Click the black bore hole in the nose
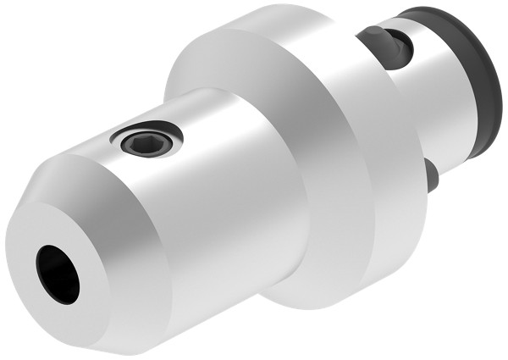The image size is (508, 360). [x=58, y=274]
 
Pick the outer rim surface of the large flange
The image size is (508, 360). [x=339, y=169]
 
